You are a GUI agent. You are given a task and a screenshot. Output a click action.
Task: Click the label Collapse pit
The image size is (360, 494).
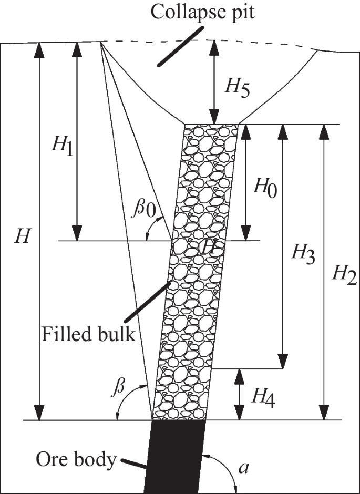tap(202, 12)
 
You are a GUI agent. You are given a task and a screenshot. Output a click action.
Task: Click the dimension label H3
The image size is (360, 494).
tap(304, 255)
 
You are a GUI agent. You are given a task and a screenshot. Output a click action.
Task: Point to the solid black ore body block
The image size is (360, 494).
tap(176, 455)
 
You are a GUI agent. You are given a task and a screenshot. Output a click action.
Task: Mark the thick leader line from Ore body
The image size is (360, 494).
tap(134, 466)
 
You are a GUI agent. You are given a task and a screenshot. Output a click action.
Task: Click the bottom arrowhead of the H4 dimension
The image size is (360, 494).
tap(240, 415)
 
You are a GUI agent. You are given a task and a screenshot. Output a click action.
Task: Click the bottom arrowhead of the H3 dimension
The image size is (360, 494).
tap(283, 363)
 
